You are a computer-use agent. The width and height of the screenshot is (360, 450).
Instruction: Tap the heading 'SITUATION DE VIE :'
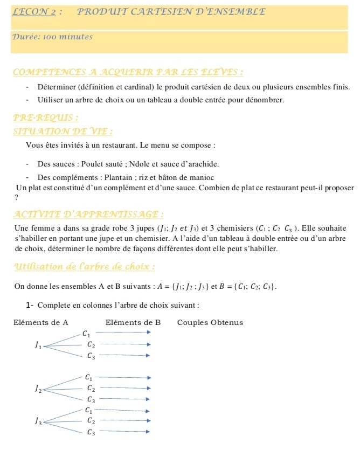(x=63, y=131)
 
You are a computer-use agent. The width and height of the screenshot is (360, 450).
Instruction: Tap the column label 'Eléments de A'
(x=40, y=323)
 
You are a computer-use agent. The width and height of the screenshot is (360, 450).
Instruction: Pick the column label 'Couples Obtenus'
(x=210, y=323)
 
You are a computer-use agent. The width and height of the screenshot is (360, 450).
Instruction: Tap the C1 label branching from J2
(x=89, y=378)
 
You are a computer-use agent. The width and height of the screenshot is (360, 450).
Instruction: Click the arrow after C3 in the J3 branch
(x=124, y=431)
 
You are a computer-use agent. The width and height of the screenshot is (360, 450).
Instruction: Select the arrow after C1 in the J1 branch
(x=124, y=333)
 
